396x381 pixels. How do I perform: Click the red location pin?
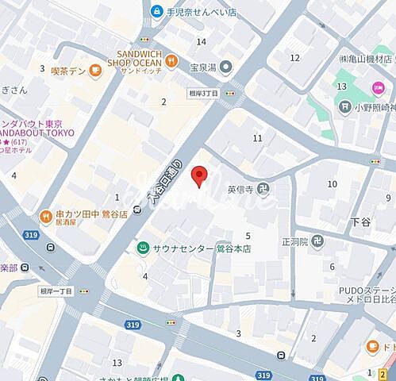[x=201, y=176]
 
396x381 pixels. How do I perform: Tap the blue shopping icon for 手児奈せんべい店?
[x=156, y=11]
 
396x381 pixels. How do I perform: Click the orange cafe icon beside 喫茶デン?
[x=94, y=70]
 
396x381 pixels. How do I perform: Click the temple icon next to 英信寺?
[x=263, y=189]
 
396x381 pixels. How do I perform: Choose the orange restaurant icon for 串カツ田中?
[x=45, y=216]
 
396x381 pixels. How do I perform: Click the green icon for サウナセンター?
[x=142, y=248]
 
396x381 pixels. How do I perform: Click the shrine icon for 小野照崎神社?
[x=344, y=106]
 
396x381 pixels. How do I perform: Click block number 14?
[x=202, y=41]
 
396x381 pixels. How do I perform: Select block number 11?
[x=257, y=138]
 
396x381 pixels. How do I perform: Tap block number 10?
[x=333, y=184]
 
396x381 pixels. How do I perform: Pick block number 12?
[x=295, y=57]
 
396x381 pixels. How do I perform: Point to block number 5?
[x=248, y=236]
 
